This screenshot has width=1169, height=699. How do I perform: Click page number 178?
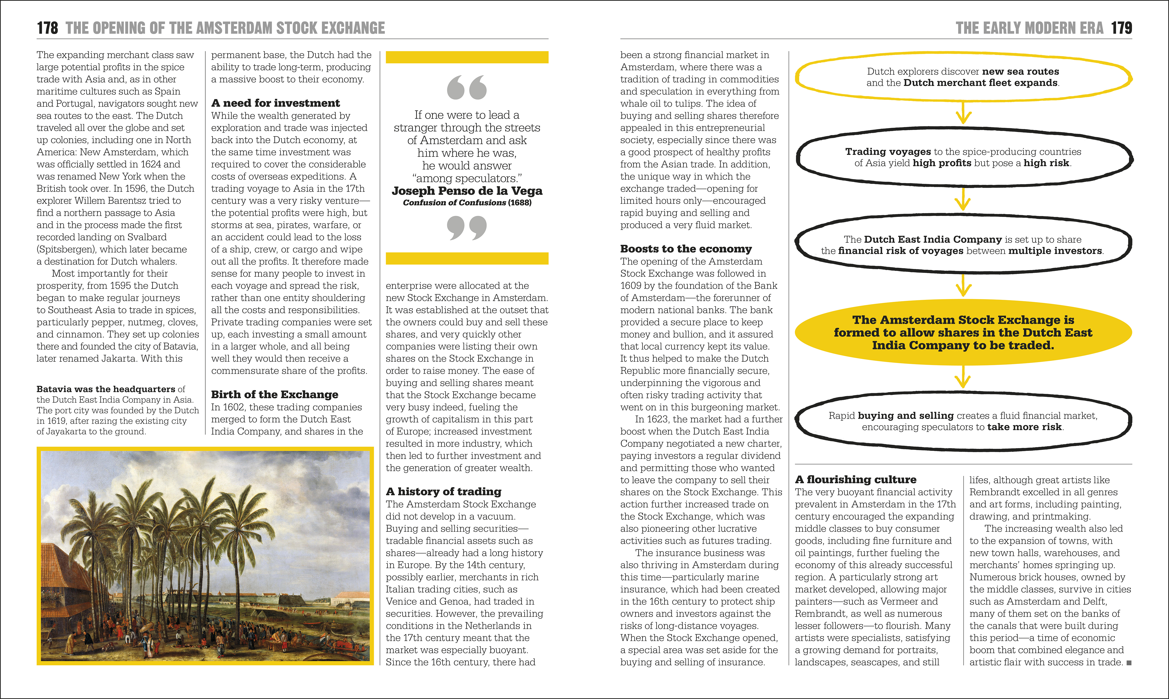coord(48,28)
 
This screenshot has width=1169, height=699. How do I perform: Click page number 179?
coord(1121,28)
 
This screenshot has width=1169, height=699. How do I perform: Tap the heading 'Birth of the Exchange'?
coord(275,395)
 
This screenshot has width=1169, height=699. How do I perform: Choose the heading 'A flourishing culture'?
coord(855,480)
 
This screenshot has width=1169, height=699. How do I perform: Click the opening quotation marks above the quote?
coord(467,88)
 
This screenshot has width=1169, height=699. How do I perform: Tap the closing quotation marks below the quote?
coord(467,228)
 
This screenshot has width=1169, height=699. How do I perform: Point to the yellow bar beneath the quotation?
coord(467,258)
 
